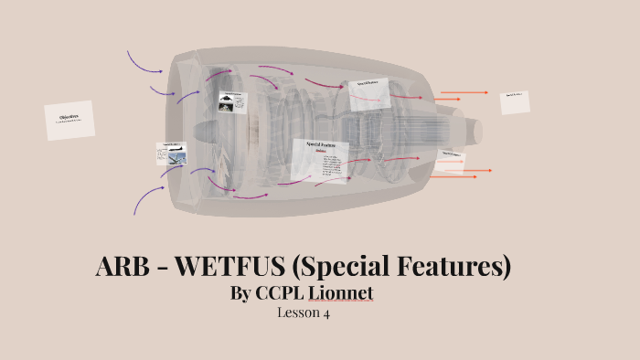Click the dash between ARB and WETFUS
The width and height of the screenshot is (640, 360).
[164, 269]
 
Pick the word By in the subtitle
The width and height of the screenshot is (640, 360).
[244, 293]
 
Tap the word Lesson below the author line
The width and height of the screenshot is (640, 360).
[296, 312]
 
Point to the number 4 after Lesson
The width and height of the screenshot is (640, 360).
[325, 312]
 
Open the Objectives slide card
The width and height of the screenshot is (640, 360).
[69, 120]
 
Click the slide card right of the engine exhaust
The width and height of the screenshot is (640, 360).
[515, 101]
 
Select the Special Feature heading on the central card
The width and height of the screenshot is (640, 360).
[321, 144]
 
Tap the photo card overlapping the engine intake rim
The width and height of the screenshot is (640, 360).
[172, 154]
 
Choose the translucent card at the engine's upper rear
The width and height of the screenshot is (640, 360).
[369, 93]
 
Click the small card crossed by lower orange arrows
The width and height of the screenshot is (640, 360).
[451, 161]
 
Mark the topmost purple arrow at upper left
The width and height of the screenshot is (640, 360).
[144, 62]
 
